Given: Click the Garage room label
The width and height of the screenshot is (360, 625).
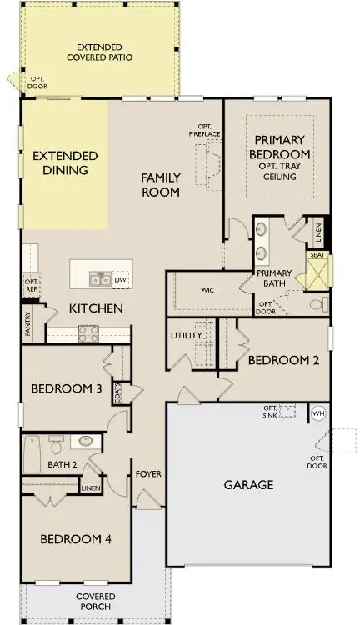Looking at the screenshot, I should coord(248,484).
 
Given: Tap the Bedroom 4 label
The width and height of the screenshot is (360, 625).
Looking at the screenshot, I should coord(76,539).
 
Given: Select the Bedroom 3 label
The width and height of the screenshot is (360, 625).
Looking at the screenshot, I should coord(66,389).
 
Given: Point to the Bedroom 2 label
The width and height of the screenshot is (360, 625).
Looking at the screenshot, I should coord(284,360).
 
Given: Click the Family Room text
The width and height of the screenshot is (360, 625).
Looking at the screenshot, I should coord(160,184).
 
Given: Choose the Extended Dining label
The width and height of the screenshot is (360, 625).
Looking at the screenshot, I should coord(65,162).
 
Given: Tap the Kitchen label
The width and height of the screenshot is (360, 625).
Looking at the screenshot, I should coord(96,308).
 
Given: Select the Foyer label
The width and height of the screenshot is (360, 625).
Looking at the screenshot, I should coord(148,474).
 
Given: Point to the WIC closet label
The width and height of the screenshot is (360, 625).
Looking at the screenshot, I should coord(208,291).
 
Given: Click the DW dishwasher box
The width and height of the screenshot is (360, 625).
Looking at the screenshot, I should coord(120,280).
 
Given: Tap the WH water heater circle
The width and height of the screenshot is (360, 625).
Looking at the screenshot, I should coord(317,412).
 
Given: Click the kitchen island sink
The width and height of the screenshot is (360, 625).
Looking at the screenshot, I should coord(100,277).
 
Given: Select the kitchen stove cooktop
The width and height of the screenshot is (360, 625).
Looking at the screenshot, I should coord(88,333).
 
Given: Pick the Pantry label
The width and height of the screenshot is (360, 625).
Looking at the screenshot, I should coord(27,323).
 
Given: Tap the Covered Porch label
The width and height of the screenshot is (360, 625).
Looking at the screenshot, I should coord(95,602).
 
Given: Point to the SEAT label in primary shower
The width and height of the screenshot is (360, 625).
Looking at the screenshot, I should coord(317,256).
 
